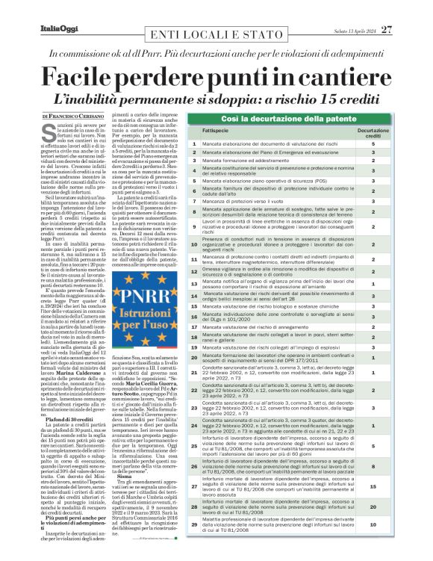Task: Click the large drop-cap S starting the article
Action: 49,132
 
